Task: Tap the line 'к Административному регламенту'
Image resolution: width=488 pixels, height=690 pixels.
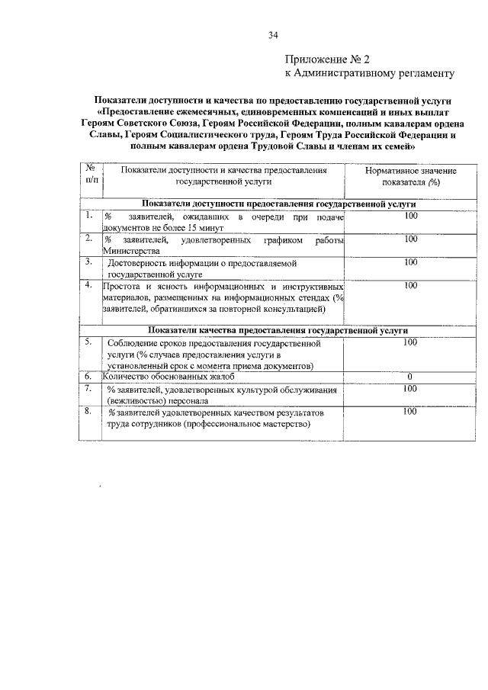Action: (x=369, y=73)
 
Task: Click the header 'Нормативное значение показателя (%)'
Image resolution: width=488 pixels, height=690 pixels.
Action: (x=411, y=177)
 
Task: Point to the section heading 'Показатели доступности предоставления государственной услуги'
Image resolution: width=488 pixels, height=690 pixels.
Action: (x=278, y=205)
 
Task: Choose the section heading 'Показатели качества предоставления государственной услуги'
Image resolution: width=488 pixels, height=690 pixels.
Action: (x=278, y=330)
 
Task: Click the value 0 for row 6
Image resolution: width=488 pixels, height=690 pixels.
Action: (x=410, y=377)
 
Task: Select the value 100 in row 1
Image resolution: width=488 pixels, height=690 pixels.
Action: (x=411, y=218)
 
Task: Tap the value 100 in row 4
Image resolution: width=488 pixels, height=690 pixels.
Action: (x=411, y=286)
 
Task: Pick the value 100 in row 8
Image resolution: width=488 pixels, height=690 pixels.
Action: (x=410, y=412)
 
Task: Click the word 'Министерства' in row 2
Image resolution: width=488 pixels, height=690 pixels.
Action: (x=131, y=251)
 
